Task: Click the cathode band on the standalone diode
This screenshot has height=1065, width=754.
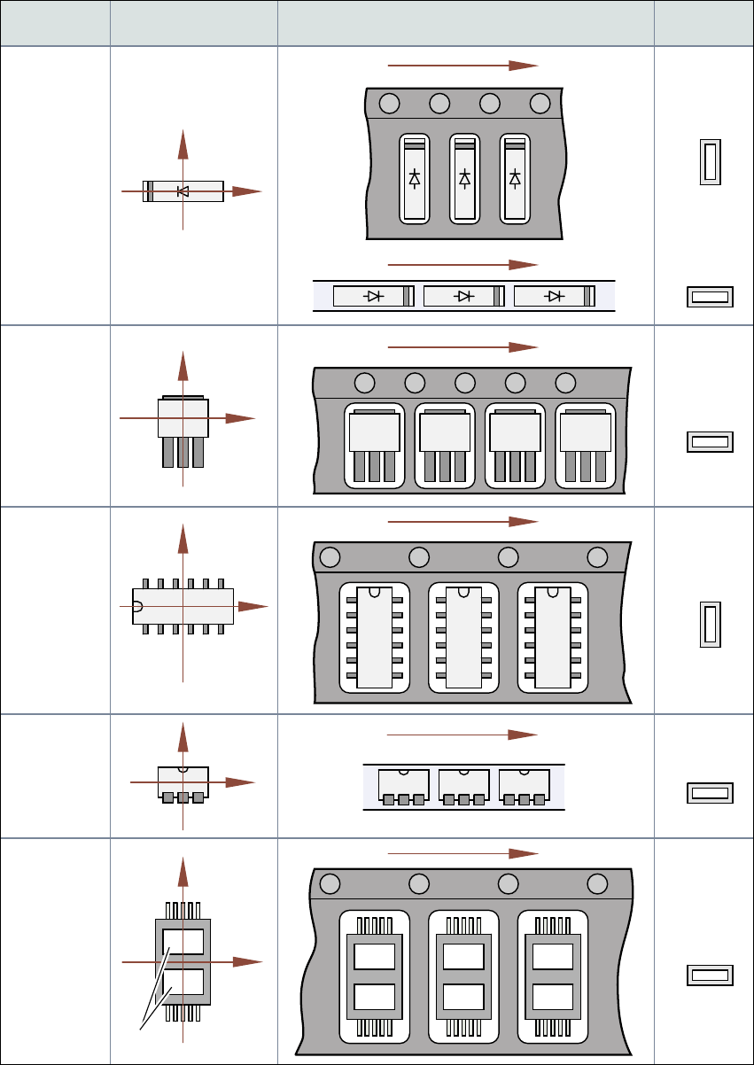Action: pos(150,191)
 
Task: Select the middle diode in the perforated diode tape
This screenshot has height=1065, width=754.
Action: pos(464,177)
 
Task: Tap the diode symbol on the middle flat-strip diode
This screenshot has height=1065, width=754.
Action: pos(463,296)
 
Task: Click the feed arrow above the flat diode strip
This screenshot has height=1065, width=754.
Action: pos(463,264)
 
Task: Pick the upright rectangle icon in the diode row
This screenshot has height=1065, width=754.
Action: pos(710,162)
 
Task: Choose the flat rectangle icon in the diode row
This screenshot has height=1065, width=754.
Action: pos(710,297)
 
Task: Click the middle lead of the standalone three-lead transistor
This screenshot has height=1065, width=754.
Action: pos(183,452)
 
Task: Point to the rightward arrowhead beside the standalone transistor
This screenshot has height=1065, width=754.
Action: pos(243,417)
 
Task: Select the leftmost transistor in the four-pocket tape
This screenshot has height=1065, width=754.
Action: pos(374,445)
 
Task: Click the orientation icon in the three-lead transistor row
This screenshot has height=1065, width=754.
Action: pos(710,442)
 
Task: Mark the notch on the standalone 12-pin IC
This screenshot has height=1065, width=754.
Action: pos(136,606)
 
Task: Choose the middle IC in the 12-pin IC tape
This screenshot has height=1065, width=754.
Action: pos(463,636)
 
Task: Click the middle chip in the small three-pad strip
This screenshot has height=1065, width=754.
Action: pos(463,785)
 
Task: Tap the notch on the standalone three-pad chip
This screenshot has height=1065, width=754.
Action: pos(183,768)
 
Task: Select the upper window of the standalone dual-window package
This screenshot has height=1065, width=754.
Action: pos(183,941)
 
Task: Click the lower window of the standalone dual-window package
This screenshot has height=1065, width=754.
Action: pos(183,982)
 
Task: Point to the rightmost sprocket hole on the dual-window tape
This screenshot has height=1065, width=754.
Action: pos(597,883)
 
